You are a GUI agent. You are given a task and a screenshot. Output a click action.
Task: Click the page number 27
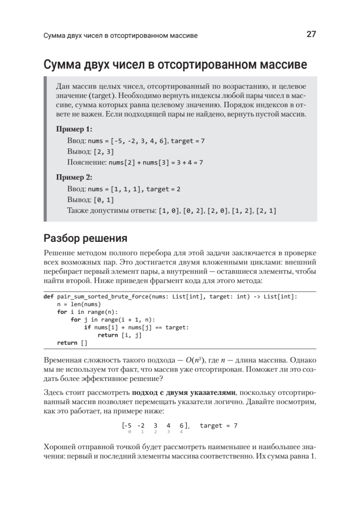point(311,35)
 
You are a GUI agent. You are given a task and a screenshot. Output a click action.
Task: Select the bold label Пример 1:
point(74,129)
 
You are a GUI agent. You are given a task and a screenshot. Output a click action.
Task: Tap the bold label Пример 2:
point(74,177)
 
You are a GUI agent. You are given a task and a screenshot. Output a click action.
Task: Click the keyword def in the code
point(48,297)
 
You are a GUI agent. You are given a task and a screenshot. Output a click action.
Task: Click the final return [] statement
point(72,343)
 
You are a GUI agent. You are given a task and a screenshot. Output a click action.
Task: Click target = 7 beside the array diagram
point(218,425)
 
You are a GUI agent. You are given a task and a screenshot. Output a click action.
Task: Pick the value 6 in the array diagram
point(181,425)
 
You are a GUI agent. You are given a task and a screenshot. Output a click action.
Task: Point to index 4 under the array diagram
point(181,432)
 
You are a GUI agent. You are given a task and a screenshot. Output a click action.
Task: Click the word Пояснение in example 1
point(87,162)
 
